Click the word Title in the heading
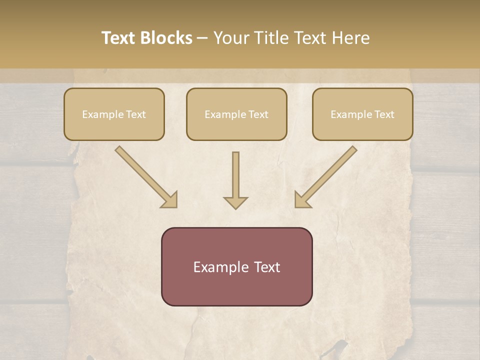(x=269, y=38)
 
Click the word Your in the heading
(x=232, y=38)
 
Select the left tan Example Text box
(x=114, y=114)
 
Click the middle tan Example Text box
(x=236, y=114)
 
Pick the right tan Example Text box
(x=362, y=114)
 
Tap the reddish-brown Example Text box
(x=236, y=266)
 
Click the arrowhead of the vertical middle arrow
(x=235, y=202)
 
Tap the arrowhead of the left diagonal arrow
(x=170, y=200)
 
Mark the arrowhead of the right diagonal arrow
(x=302, y=200)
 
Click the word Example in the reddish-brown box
(x=221, y=267)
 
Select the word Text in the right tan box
(x=383, y=114)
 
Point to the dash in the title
(x=202, y=38)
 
